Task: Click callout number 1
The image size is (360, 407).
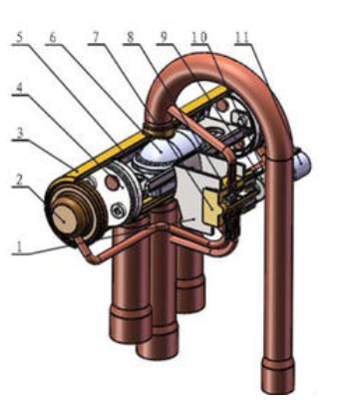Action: point(19,246)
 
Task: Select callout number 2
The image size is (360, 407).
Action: point(19,180)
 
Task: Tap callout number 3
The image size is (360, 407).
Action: point(20,134)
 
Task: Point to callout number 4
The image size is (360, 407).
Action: point(20,88)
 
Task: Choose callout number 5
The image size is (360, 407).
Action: point(20,38)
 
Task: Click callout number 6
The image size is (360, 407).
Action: point(52,38)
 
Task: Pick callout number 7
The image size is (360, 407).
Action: point(96,37)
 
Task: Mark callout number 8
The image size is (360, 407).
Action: point(130,37)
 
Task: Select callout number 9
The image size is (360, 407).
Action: point(164,37)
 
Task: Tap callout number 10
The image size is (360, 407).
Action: point(199,37)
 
